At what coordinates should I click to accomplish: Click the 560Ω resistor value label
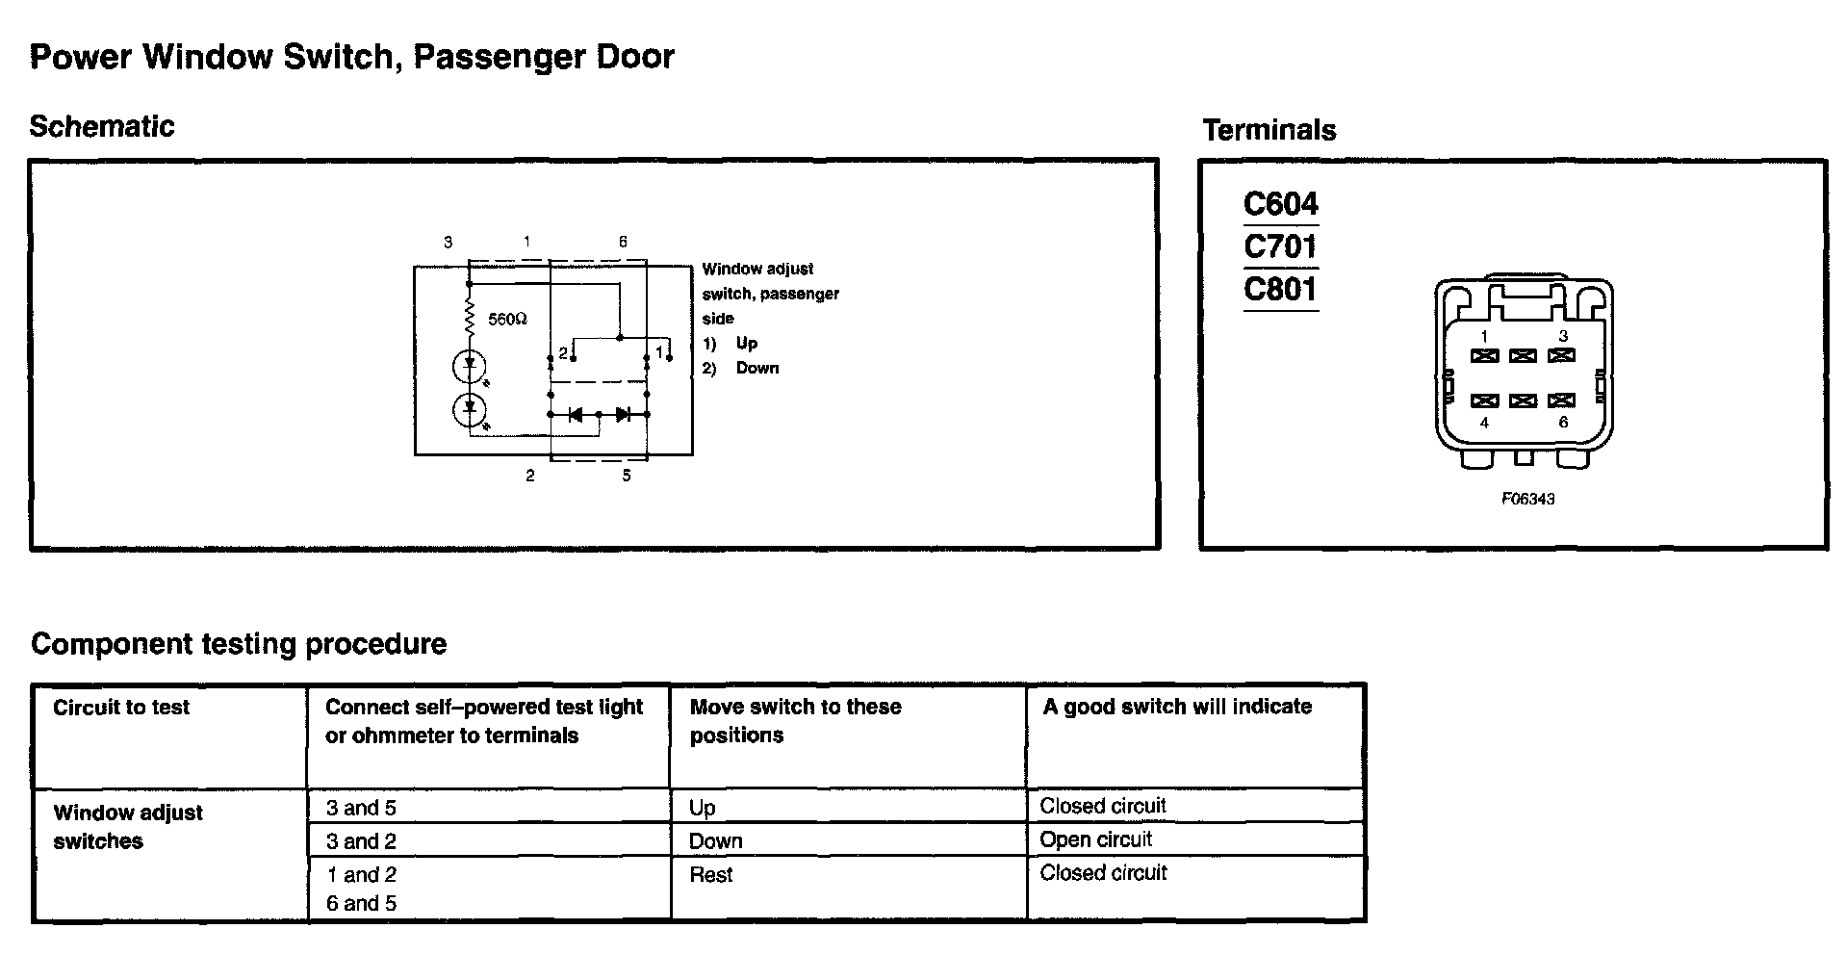(507, 319)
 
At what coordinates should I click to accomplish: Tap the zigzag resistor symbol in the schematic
(470, 316)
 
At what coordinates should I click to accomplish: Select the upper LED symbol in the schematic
(470, 366)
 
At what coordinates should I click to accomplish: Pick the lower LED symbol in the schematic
(470, 409)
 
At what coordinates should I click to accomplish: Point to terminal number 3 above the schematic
(449, 243)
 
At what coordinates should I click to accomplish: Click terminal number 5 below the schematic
(627, 476)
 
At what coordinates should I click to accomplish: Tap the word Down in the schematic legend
(757, 368)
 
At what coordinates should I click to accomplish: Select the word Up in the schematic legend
(746, 343)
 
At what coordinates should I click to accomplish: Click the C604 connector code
(1280, 204)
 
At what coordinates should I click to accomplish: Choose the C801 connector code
(1280, 289)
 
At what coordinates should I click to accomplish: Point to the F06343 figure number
(1527, 499)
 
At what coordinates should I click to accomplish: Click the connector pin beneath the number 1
(1484, 356)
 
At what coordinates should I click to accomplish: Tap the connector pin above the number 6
(1561, 400)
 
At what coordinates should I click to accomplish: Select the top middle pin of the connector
(1523, 356)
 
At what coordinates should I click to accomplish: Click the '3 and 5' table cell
(361, 808)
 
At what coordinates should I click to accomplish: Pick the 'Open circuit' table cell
(1095, 839)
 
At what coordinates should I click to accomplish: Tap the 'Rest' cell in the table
(711, 875)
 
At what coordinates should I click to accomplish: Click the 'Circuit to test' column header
(121, 708)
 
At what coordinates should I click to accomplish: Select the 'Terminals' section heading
(1269, 130)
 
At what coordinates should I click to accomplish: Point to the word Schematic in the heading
(102, 126)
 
